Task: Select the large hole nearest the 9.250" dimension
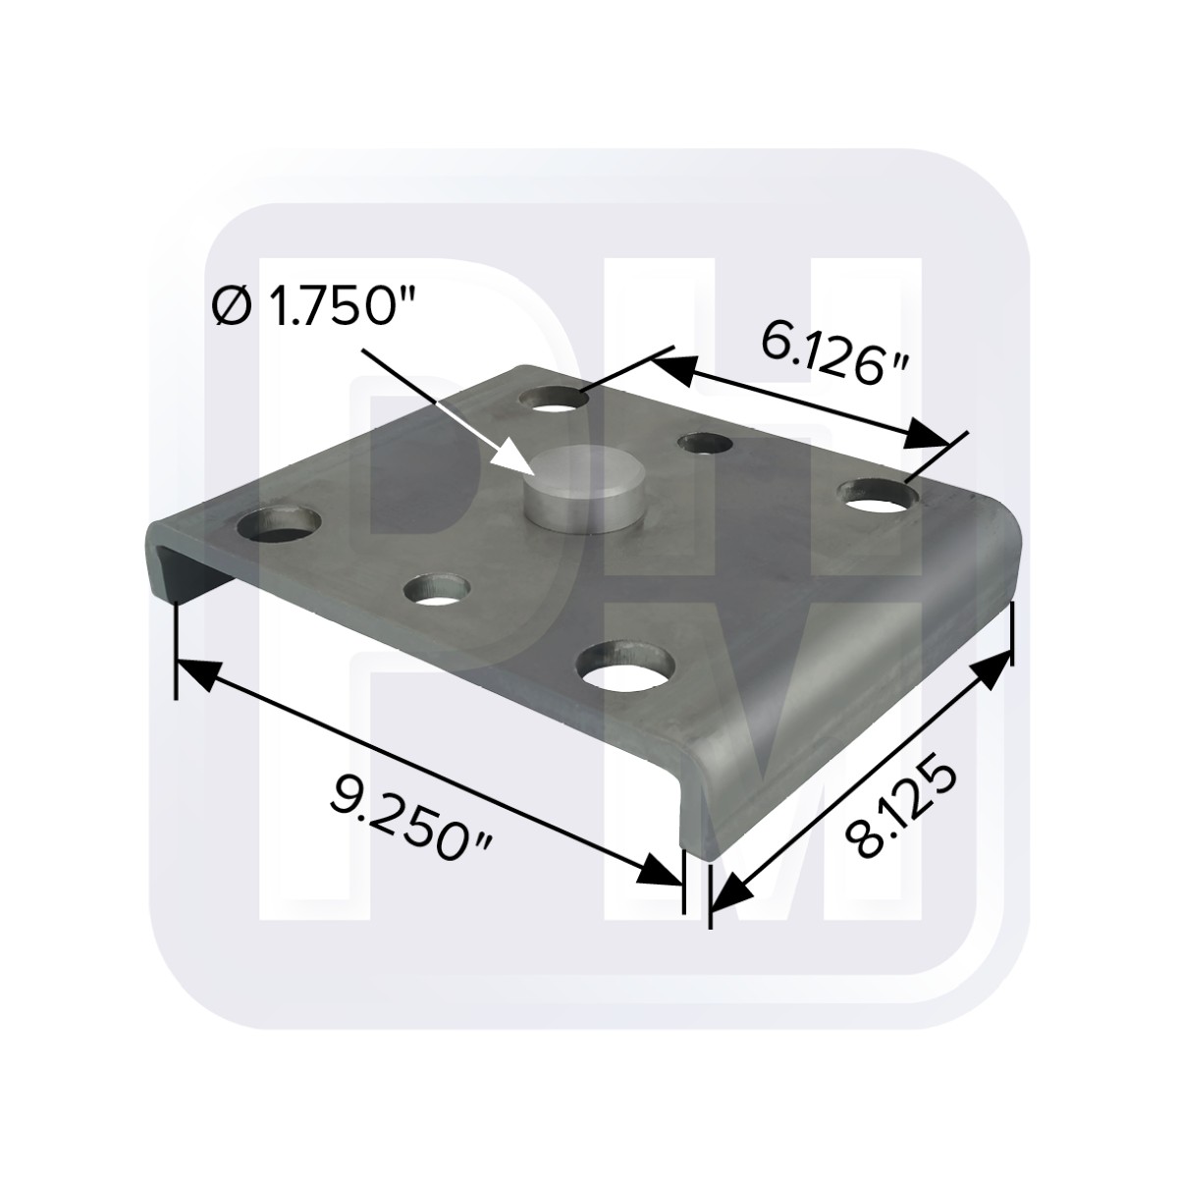[624, 666]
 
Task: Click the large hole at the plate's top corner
[554, 399]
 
